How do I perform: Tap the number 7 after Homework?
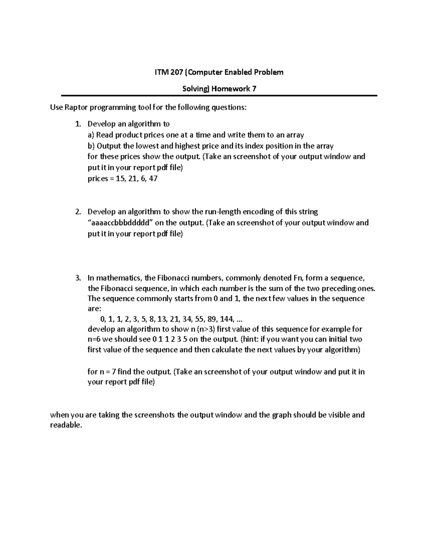coord(254,89)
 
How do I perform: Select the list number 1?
coord(78,124)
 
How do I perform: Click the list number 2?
coord(78,212)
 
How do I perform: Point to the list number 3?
coord(78,278)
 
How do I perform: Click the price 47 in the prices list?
coord(153,179)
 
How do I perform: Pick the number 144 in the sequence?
coord(226,318)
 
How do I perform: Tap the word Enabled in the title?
coord(238,73)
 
